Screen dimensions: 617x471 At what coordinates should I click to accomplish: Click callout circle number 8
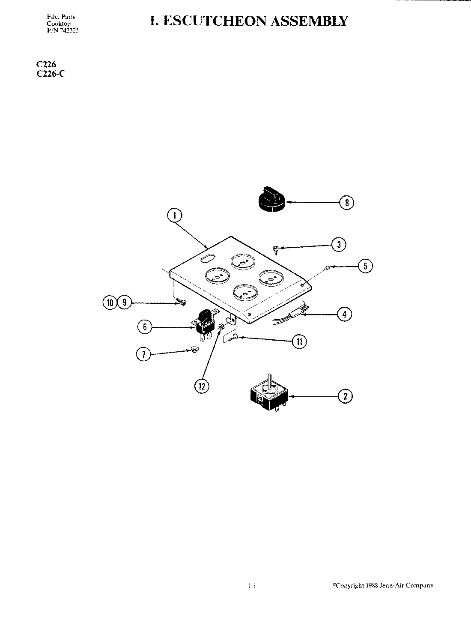click(346, 203)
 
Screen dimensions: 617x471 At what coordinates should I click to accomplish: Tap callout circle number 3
click(339, 245)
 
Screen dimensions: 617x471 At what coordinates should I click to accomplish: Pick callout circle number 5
click(365, 266)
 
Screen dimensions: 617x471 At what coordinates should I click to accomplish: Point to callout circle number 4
click(344, 314)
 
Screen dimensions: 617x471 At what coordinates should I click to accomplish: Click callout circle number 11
click(299, 341)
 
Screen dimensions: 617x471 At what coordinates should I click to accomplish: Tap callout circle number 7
click(143, 354)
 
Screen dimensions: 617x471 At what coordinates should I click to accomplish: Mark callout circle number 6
click(145, 327)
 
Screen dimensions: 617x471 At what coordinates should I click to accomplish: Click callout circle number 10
click(110, 303)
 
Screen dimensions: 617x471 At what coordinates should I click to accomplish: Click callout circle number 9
click(124, 303)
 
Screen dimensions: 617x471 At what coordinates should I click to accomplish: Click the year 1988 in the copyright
click(372, 585)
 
